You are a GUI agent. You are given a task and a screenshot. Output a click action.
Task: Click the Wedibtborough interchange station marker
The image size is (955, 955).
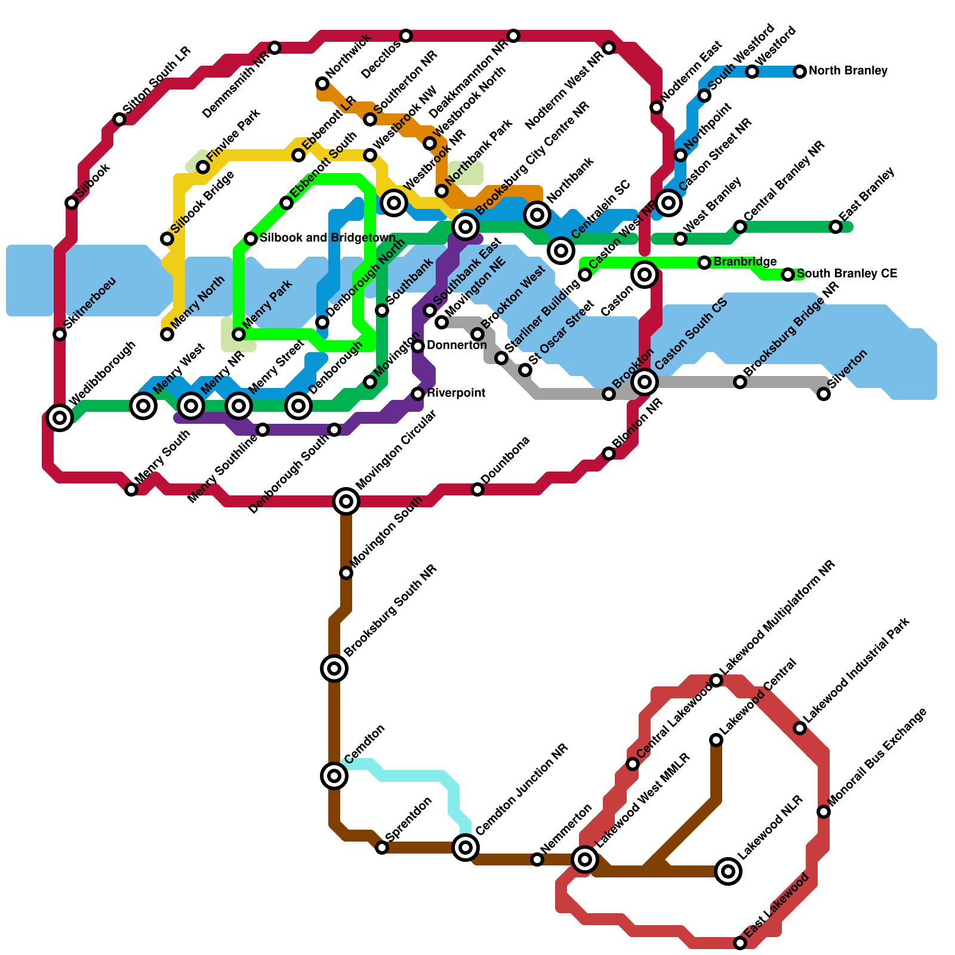tap(60, 418)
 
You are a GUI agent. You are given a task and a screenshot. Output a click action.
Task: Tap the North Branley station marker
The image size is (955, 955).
tap(800, 72)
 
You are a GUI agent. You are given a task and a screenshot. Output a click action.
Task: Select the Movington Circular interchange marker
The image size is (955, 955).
tap(346, 501)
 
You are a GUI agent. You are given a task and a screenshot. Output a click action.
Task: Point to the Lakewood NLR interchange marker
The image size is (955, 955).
tap(728, 871)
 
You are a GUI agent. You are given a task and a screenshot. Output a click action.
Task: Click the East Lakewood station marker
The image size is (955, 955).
tap(740, 943)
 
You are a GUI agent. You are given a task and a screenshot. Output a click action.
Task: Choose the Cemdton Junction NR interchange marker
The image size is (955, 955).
tap(466, 848)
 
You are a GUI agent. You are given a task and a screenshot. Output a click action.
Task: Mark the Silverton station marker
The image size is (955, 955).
tap(824, 394)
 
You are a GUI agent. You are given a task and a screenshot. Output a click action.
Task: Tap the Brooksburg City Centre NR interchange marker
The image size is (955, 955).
tap(466, 227)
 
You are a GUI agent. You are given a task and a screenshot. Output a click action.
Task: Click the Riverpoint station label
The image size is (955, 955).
tap(456, 393)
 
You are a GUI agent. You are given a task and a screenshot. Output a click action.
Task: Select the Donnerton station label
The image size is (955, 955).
tap(457, 346)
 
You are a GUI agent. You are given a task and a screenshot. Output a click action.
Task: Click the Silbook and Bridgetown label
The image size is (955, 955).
tap(328, 238)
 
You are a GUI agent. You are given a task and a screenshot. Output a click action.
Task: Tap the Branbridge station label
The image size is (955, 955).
tap(745, 262)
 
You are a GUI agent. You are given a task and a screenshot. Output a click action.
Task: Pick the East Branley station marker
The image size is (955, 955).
tap(836, 227)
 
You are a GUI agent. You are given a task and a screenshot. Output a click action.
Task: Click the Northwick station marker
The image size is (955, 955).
tap(322, 84)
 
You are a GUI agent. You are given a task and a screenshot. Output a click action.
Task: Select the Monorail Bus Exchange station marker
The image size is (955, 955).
tap(824, 812)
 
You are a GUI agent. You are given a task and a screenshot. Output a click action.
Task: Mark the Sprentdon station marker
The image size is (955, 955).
tap(382, 848)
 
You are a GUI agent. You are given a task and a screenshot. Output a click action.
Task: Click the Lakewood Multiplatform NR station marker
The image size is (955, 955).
tap(716, 680)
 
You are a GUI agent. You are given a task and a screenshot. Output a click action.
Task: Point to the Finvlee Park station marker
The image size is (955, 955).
tap(203, 167)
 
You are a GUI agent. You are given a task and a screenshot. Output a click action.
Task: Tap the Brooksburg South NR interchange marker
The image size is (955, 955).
tap(334, 668)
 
